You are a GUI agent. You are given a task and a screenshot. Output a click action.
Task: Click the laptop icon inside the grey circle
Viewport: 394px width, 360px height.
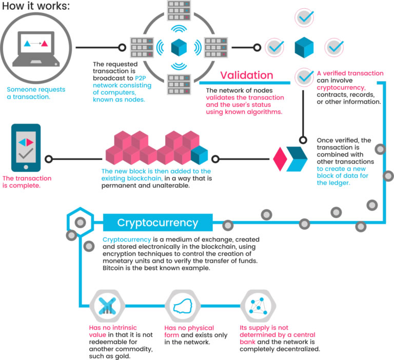(36, 49)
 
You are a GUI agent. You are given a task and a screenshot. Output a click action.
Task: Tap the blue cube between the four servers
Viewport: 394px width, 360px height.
(179, 47)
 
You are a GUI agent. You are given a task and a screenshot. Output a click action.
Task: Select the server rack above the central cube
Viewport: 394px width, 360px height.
(179, 11)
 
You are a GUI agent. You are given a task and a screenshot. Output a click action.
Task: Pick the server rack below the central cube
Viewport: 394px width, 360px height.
(179, 85)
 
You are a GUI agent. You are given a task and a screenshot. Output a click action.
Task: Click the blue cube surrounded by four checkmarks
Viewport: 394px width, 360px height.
(304, 48)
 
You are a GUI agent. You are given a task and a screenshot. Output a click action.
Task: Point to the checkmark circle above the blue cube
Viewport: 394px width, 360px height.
(304, 17)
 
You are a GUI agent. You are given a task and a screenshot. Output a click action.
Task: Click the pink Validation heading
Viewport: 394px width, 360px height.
(246, 75)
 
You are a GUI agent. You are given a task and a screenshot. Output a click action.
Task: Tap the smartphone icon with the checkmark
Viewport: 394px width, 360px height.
(26, 148)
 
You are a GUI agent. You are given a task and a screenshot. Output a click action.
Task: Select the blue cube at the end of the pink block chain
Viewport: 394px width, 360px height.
(199, 155)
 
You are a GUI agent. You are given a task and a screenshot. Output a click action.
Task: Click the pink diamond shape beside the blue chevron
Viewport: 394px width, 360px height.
(280, 159)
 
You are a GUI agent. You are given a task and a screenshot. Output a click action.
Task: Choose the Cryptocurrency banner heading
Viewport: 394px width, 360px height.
(158, 223)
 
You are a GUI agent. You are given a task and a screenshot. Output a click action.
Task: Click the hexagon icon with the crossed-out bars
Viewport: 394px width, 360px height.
(107, 306)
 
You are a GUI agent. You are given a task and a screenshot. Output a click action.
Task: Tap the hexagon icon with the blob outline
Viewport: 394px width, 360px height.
(183, 306)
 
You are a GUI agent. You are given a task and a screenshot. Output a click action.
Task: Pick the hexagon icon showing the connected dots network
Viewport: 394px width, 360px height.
(259, 306)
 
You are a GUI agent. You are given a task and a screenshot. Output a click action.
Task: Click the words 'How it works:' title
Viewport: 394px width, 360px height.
(36, 6)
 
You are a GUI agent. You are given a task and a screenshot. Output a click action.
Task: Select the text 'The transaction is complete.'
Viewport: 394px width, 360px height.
(27, 182)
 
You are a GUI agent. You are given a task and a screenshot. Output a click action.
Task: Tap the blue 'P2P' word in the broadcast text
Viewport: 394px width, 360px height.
(141, 78)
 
